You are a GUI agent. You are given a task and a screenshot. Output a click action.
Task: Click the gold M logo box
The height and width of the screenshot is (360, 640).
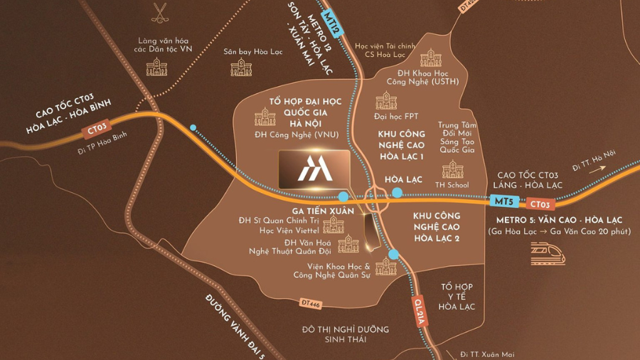tap(314, 169)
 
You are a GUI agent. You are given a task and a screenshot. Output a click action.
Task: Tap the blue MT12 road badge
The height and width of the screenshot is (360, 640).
tap(332, 23)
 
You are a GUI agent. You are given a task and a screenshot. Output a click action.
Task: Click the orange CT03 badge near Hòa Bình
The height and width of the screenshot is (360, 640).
tap(96, 130)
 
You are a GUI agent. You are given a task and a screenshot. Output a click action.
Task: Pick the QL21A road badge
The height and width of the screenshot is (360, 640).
tap(420, 311)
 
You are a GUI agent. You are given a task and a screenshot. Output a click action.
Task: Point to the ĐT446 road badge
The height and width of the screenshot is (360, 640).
tap(311, 304)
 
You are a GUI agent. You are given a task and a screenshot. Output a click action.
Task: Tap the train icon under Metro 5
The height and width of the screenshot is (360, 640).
tap(548, 254)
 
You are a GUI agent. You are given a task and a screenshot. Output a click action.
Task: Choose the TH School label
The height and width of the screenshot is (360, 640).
tap(452, 185)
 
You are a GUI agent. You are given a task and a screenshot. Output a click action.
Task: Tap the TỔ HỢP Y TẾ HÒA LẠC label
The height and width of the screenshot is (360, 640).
tap(457, 297)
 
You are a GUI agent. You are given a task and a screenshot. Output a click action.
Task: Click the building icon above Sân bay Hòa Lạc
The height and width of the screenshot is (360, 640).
tap(241, 68)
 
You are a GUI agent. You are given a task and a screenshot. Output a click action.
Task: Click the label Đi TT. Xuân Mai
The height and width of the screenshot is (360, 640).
tap(487, 354)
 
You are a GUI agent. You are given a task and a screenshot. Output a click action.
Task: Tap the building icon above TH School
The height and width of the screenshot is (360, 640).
tap(452, 169)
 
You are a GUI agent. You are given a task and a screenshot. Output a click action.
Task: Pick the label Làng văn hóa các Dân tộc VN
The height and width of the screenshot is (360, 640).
tap(165, 45)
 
